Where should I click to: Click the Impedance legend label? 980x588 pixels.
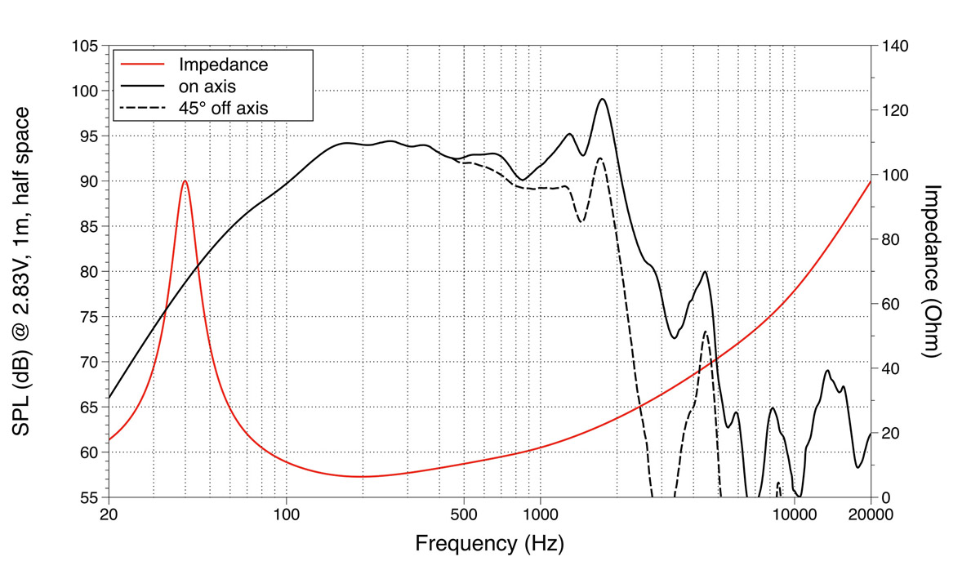223,64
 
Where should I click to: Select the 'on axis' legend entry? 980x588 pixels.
207,85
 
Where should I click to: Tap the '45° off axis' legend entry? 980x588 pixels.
223,106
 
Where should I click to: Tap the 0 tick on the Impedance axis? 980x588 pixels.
884,497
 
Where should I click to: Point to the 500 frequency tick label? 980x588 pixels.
464,514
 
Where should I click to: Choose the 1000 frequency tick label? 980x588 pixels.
540,514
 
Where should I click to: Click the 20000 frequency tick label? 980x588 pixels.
869,514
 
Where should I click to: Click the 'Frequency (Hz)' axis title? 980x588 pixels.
489,543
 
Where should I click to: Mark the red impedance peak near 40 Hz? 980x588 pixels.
185,181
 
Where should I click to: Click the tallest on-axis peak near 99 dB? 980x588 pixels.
603,100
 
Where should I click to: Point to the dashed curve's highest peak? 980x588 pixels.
600,158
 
